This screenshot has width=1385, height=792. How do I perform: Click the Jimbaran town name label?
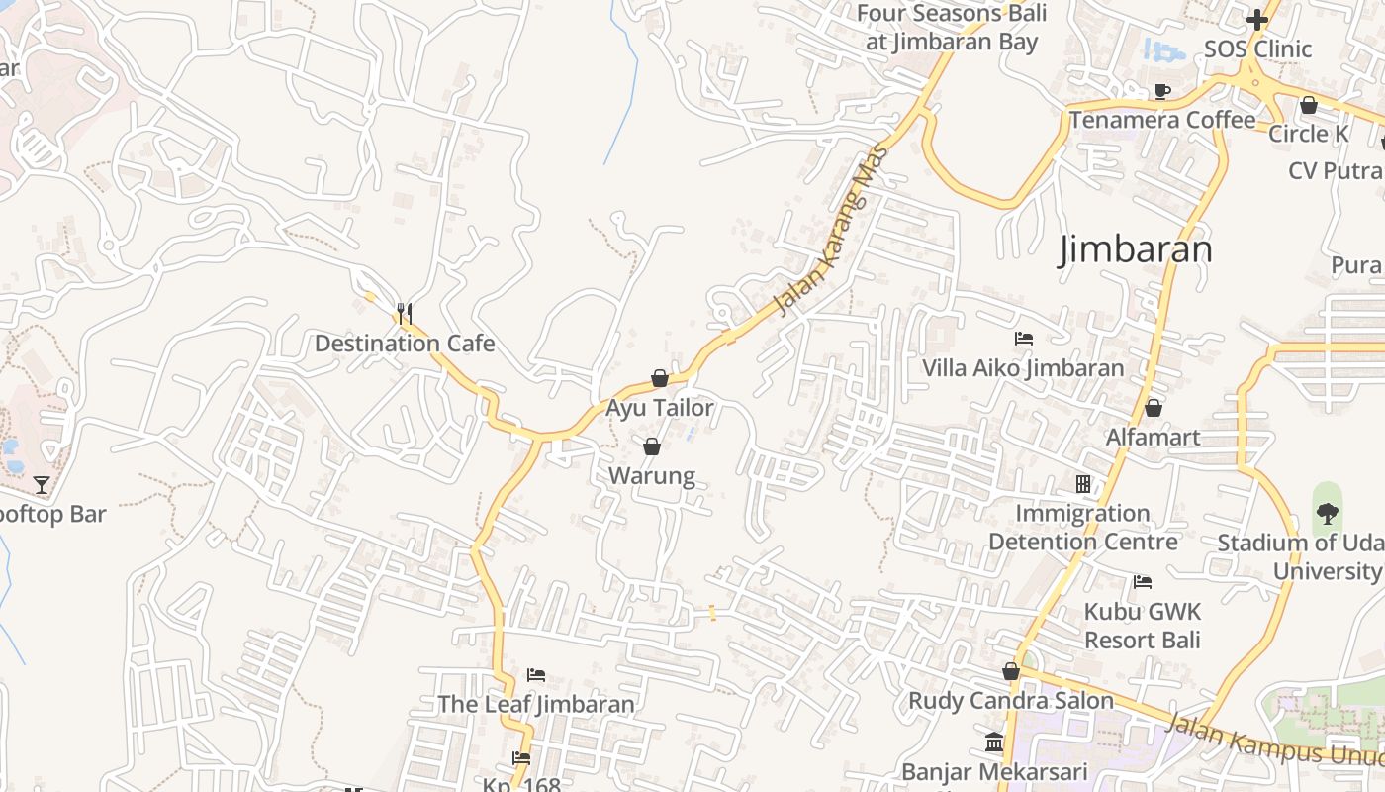click(x=1135, y=249)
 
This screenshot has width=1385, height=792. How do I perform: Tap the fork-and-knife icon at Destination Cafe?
click(x=404, y=314)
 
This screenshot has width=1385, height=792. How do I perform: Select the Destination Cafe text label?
click(x=405, y=344)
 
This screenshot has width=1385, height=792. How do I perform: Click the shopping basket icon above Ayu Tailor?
click(x=660, y=378)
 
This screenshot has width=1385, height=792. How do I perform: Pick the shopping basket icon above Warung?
click(x=651, y=446)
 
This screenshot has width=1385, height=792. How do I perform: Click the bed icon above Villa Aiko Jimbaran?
click(x=1024, y=339)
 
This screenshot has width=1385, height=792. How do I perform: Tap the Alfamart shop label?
click(x=1153, y=437)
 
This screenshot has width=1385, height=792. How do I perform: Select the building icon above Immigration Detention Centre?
click(x=1083, y=484)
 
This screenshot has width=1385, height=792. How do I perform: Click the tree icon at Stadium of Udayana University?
click(x=1327, y=513)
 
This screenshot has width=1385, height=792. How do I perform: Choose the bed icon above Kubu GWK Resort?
click(x=1143, y=581)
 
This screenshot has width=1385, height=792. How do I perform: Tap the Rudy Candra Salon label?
click(x=1011, y=700)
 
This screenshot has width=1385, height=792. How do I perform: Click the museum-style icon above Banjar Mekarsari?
click(x=994, y=742)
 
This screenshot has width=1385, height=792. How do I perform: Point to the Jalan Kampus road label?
click(x=1271, y=742)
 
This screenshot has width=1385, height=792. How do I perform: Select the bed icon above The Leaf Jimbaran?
click(x=536, y=675)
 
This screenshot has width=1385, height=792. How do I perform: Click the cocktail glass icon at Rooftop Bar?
click(x=41, y=484)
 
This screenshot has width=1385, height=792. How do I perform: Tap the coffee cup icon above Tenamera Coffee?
click(x=1162, y=91)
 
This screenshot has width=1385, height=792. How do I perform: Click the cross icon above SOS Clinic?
click(x=1257, y=20)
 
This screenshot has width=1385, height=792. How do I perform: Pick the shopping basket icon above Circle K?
click(x=1309, y=104)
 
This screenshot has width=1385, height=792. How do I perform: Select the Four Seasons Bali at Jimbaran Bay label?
click(x=952, y=28)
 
